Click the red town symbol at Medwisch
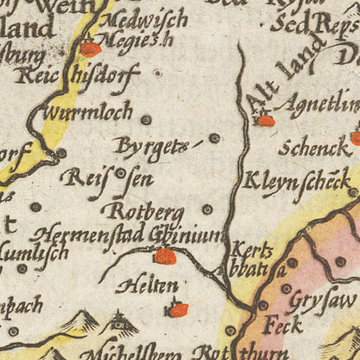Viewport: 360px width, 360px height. pos(89,49)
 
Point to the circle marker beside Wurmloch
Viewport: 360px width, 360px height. pos(145,119)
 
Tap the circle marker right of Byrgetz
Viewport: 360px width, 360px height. pos(214,138)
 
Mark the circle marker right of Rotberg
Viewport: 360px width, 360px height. pos(207,209)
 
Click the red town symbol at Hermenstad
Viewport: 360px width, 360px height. pos(164,256)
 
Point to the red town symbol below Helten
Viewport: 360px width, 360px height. pos(178,310)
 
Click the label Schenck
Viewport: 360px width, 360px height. pos(314,148)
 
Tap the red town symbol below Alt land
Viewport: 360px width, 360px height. pos(266,120)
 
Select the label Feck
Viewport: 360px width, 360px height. pos(284,325)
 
